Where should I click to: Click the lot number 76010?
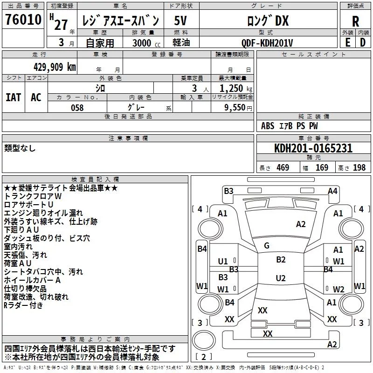(23, 20)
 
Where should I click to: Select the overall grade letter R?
(355, 21)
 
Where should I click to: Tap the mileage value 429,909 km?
(55, 67)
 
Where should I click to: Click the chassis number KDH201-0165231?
(313, 148)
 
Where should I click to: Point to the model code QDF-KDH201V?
(267, 43)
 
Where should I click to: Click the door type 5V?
(180, 21)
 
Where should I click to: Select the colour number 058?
(77, 108)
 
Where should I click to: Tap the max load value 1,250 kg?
(236, 89)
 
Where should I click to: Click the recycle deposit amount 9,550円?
(238, 108)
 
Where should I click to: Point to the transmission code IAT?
(13, 97)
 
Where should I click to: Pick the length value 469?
(283, 167)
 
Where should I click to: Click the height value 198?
(359, 167)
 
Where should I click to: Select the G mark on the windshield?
(267, 246)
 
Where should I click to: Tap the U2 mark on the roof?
(281, 278)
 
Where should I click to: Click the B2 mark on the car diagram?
(281, 260)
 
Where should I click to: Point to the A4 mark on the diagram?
(332, 191)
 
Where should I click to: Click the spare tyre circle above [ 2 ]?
(203, 340)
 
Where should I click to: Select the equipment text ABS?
(268, 126)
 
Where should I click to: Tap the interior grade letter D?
(363, 42)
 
